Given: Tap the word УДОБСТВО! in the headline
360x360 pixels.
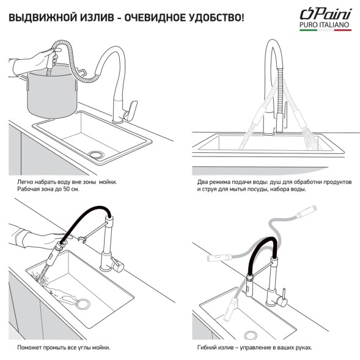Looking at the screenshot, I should tap(211, 17).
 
